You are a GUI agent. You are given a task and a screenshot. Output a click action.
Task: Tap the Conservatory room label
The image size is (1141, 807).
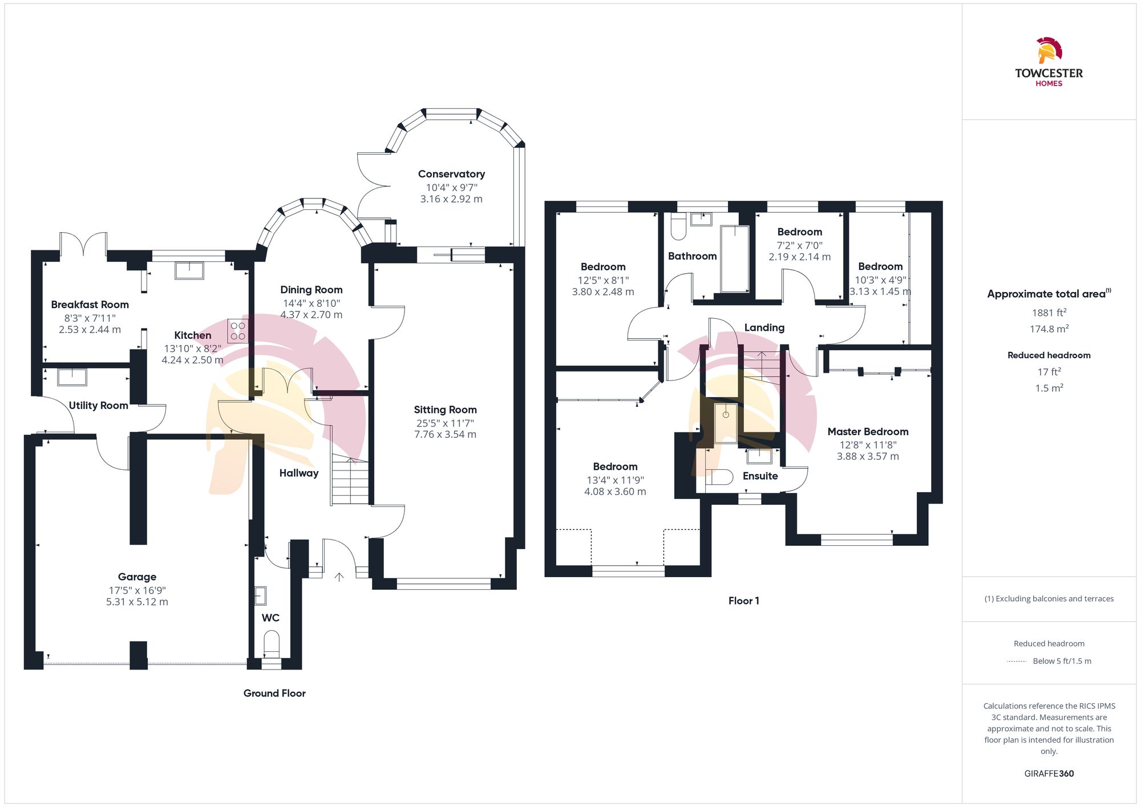[x=451, y=174]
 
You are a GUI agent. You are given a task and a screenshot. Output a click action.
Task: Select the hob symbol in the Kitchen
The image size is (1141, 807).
[x=238, y=331]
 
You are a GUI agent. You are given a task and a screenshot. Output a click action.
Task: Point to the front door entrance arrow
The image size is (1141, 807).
[x=339, y=577]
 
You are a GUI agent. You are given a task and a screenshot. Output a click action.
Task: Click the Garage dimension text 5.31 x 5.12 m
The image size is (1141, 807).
[x=137, y=602]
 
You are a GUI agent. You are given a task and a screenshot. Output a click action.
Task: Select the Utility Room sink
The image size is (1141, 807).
[x=72, y=377]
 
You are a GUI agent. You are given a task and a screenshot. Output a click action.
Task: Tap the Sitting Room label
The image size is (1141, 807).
[x=445, y=409]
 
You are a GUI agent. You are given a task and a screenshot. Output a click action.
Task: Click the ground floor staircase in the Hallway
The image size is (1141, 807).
[x=350, y=482]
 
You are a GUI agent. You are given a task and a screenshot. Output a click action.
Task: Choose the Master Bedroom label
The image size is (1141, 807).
[x=868, y=432]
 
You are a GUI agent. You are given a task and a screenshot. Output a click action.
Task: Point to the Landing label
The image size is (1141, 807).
[x=764, y=327]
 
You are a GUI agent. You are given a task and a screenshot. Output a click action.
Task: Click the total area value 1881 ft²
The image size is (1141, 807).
[x=1049, y=313]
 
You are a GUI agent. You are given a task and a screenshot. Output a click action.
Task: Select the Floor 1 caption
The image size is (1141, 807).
[x=743, y=601]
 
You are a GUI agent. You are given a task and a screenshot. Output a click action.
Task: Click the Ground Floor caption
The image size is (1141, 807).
[x=274, y=693]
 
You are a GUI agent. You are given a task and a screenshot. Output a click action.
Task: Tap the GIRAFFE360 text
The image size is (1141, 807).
[x=1049, y=773]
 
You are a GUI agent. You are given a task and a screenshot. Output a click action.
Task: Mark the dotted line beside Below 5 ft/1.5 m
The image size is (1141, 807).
[x=1017, y=662]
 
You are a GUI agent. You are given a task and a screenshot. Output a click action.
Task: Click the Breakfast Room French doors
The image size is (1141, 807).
[x=83, y=244]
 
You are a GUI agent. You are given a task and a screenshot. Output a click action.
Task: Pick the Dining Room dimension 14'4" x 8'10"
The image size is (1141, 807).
[x=311, y=303]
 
